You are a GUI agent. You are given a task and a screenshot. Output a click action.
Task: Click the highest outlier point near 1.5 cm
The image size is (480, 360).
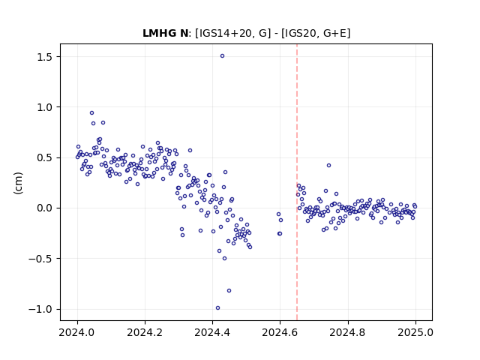[x=222, y=55]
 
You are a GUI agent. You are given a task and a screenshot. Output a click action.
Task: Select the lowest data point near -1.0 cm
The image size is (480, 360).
[x=217, y=308]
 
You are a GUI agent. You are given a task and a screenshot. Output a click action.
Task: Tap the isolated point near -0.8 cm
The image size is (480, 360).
[x=229, y=290]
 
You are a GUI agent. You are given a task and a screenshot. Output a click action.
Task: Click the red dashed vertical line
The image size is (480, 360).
[x=297, y=182]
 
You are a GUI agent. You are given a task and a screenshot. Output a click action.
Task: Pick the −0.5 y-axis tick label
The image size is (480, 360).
[x=41, y=259]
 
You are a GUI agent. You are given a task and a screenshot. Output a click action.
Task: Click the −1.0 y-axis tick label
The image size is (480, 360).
[x=41, y=309]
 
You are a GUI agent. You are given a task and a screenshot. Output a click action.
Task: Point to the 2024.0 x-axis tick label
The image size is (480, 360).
[x=77, y=332]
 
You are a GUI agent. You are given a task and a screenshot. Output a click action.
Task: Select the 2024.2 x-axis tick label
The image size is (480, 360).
[x=145, y=332]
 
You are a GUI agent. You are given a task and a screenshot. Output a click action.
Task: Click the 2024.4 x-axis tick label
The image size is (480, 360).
[x=212, y=332]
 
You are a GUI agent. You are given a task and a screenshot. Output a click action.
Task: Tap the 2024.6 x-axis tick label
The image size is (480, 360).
[x=280, y=332]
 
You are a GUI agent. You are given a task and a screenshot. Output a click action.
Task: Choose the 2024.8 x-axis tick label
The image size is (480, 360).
[x=348, y=332]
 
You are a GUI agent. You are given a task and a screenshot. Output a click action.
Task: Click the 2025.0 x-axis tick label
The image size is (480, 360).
[x=415, y=332]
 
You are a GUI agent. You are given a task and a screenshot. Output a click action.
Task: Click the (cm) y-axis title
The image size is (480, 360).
[x=18, y=183]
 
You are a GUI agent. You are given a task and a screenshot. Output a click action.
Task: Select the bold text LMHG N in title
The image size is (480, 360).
[x=165, y=33]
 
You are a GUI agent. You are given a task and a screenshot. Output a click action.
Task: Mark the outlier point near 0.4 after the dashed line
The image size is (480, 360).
[x=328, y=165]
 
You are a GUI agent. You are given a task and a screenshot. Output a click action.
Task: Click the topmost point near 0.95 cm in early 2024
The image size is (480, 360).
[x=91, y=113]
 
